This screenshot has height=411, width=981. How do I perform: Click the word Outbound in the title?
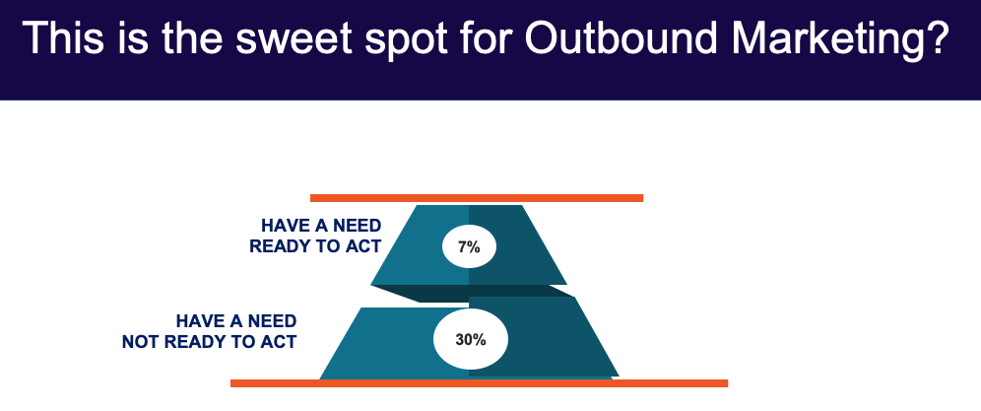(x=621, y=38)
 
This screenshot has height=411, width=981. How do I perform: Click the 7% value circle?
(x=469, y=246)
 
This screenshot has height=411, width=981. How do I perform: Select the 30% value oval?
(x=471, y=339)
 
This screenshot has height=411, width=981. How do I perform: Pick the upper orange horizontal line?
(x=477, y=198)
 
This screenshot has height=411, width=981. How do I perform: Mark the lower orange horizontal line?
(x=480, y=382)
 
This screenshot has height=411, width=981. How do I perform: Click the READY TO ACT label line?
(x=315, y=246)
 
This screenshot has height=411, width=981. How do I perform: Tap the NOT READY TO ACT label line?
(x=209, y=342)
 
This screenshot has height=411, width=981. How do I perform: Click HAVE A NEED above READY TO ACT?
(x=321, y=226)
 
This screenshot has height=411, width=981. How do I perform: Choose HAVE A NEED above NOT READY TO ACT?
(x=235, y=321)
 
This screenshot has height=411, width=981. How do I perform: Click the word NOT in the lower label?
(x=141, y=342)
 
